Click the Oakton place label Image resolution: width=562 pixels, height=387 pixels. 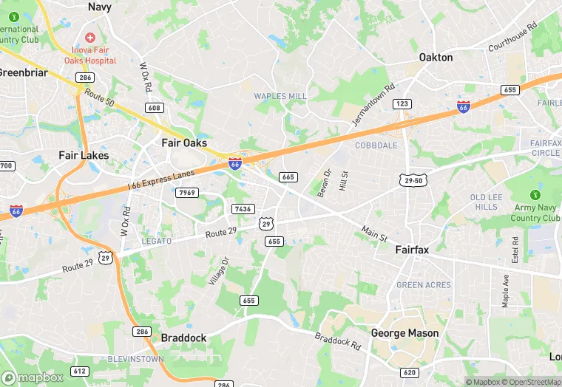pos(436,57)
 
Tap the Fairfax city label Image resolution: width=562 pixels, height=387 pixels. pos(412,250)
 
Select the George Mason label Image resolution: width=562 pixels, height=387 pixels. pos(404,333)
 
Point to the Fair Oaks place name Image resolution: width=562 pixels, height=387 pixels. pos(184,143)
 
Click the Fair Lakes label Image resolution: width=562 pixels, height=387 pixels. pos(84,155)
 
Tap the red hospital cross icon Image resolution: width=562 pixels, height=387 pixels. pos(90,37)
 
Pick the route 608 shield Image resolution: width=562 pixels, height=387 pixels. pos(154,108)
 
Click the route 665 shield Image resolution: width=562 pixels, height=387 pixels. pos(288,177)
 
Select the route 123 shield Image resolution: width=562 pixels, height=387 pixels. pos(402,104)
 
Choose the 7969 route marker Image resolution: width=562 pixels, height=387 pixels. pos(188,193)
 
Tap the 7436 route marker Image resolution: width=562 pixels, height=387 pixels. pos(243,209)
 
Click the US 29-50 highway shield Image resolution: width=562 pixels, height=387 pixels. pos(413,180)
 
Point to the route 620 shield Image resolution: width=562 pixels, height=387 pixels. pos(410,372)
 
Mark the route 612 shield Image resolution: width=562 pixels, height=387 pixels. pos(80,371)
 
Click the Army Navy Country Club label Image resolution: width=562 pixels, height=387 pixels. pos(535,213)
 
